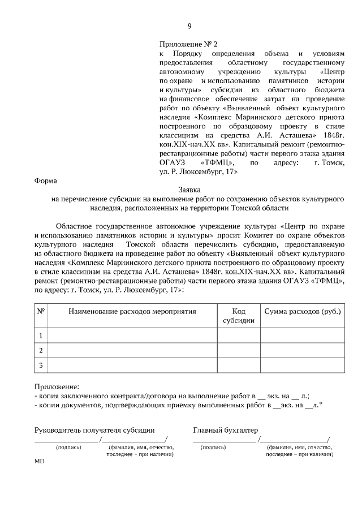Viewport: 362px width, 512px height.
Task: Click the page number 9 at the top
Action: [189, 25]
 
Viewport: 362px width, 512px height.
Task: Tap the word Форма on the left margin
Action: [46, 181]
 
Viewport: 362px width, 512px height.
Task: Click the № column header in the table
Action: [41, 312]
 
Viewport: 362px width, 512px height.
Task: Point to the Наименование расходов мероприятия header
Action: [132, 312]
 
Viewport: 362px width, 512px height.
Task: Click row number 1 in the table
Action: [41, 335]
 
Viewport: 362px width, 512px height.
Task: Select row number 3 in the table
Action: [41, 365]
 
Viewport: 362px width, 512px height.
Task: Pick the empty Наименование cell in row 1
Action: [132, 335]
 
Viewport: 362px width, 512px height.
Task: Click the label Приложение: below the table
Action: [57, 386]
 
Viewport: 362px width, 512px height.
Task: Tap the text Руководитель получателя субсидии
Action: [94, 430]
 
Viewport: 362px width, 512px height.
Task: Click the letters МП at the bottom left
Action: [39, 462]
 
